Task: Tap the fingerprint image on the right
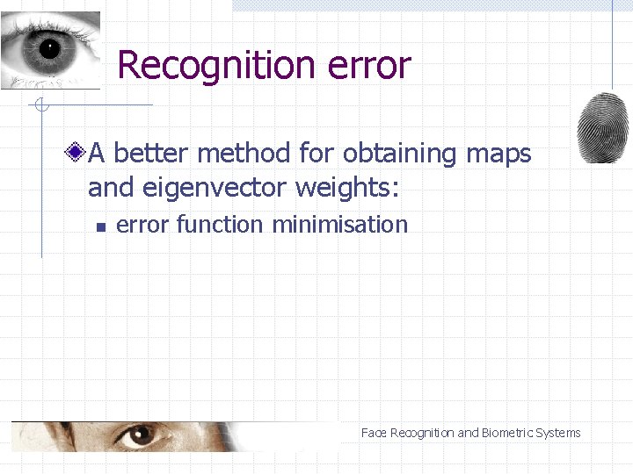click(602, 127)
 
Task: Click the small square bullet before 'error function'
click(100, 226)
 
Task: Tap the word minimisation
click(340, 225)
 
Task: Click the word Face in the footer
click(374, 433)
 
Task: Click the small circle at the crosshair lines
click(40, 106)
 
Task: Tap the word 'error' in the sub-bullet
click(142, 225)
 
